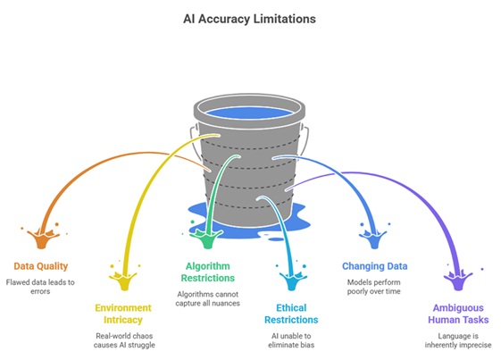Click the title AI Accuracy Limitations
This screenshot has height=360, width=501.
[x=251, y=19]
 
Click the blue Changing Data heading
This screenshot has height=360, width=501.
[x=375, y=266]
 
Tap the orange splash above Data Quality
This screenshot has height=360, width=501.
[x=41, y=238]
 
